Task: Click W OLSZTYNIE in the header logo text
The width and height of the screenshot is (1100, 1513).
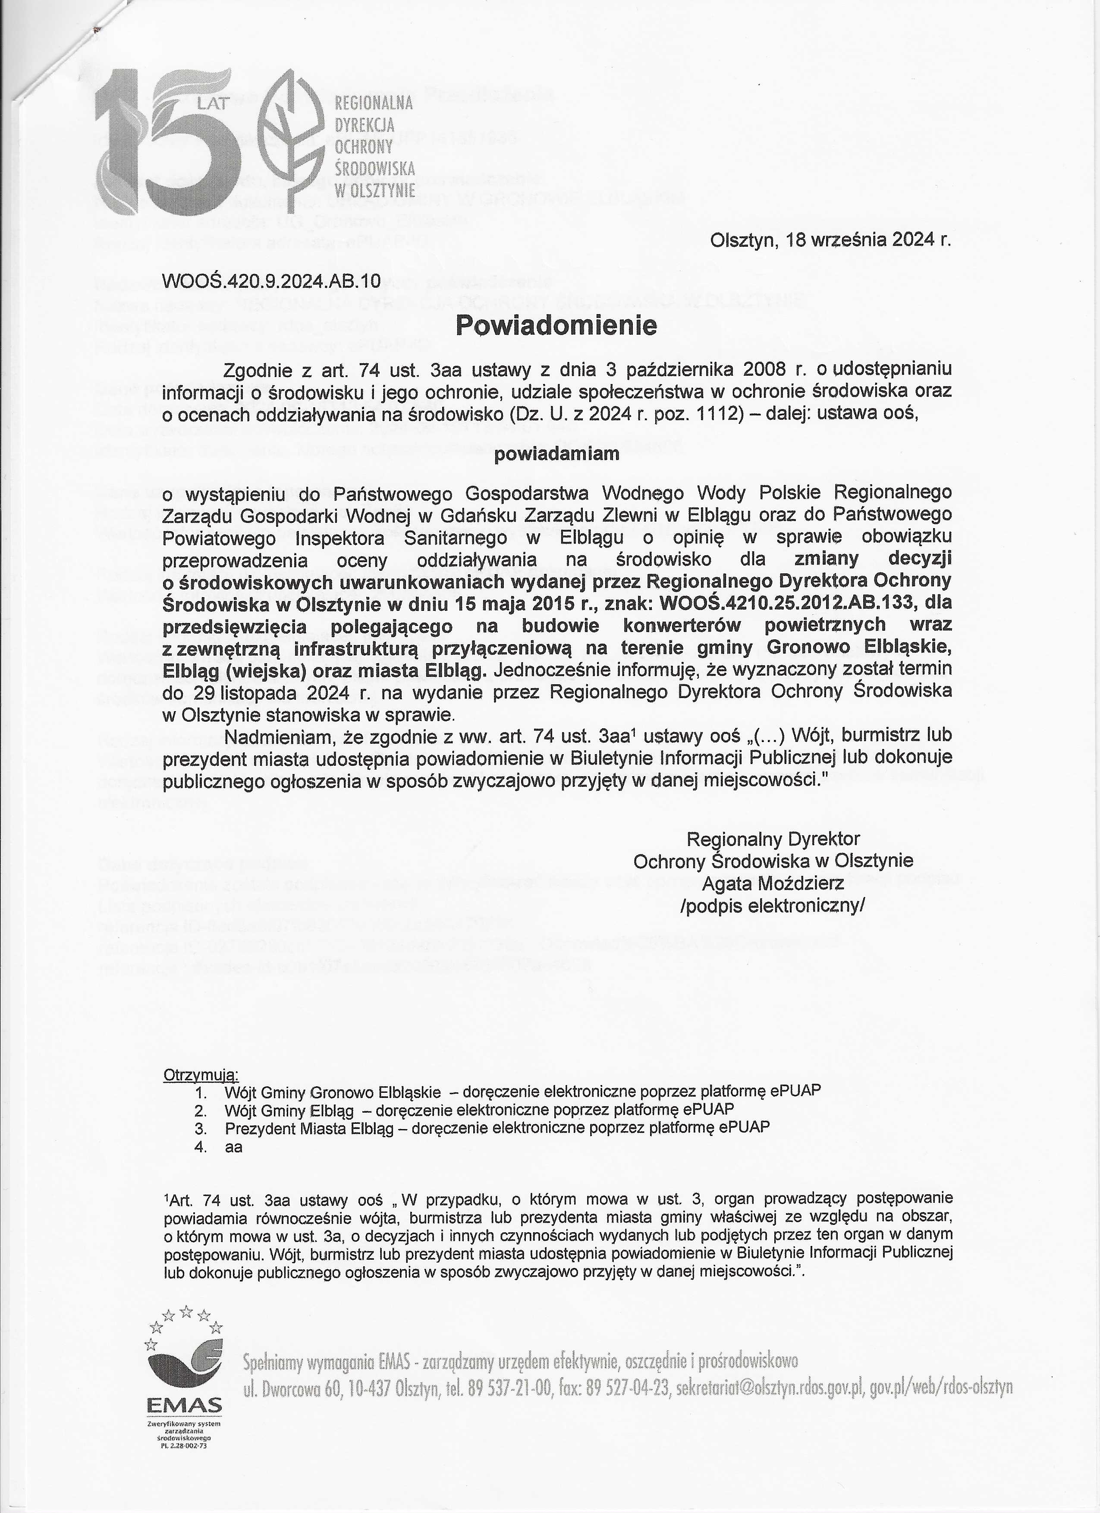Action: (374, 189)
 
